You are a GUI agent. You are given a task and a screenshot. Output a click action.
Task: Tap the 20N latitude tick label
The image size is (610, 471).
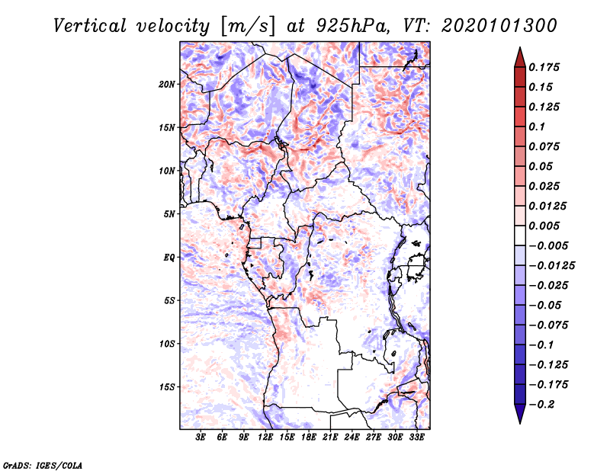[x=167, y=84]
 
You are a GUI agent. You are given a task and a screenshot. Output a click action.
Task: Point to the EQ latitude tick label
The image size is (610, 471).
[x=169, y=258]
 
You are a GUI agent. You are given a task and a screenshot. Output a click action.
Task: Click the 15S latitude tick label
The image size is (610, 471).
[x=167, y=387]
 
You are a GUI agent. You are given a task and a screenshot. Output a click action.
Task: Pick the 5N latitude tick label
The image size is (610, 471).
[x=169, y=214]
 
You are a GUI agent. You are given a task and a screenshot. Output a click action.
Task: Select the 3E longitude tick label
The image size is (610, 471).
[x=201, y=438]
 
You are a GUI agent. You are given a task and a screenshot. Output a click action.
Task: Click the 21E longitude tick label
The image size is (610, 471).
[x=331, y=438]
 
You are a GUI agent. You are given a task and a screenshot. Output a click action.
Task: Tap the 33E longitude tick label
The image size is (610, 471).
[x=417, y=438]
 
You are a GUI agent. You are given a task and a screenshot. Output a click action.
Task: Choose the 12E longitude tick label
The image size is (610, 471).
[x=266, y=438]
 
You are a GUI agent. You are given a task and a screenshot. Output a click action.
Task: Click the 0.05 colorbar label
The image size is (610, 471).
[x=541, y=166]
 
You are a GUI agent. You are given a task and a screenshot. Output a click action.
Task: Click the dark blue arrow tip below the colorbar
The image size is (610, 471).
[x=518, y=421]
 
